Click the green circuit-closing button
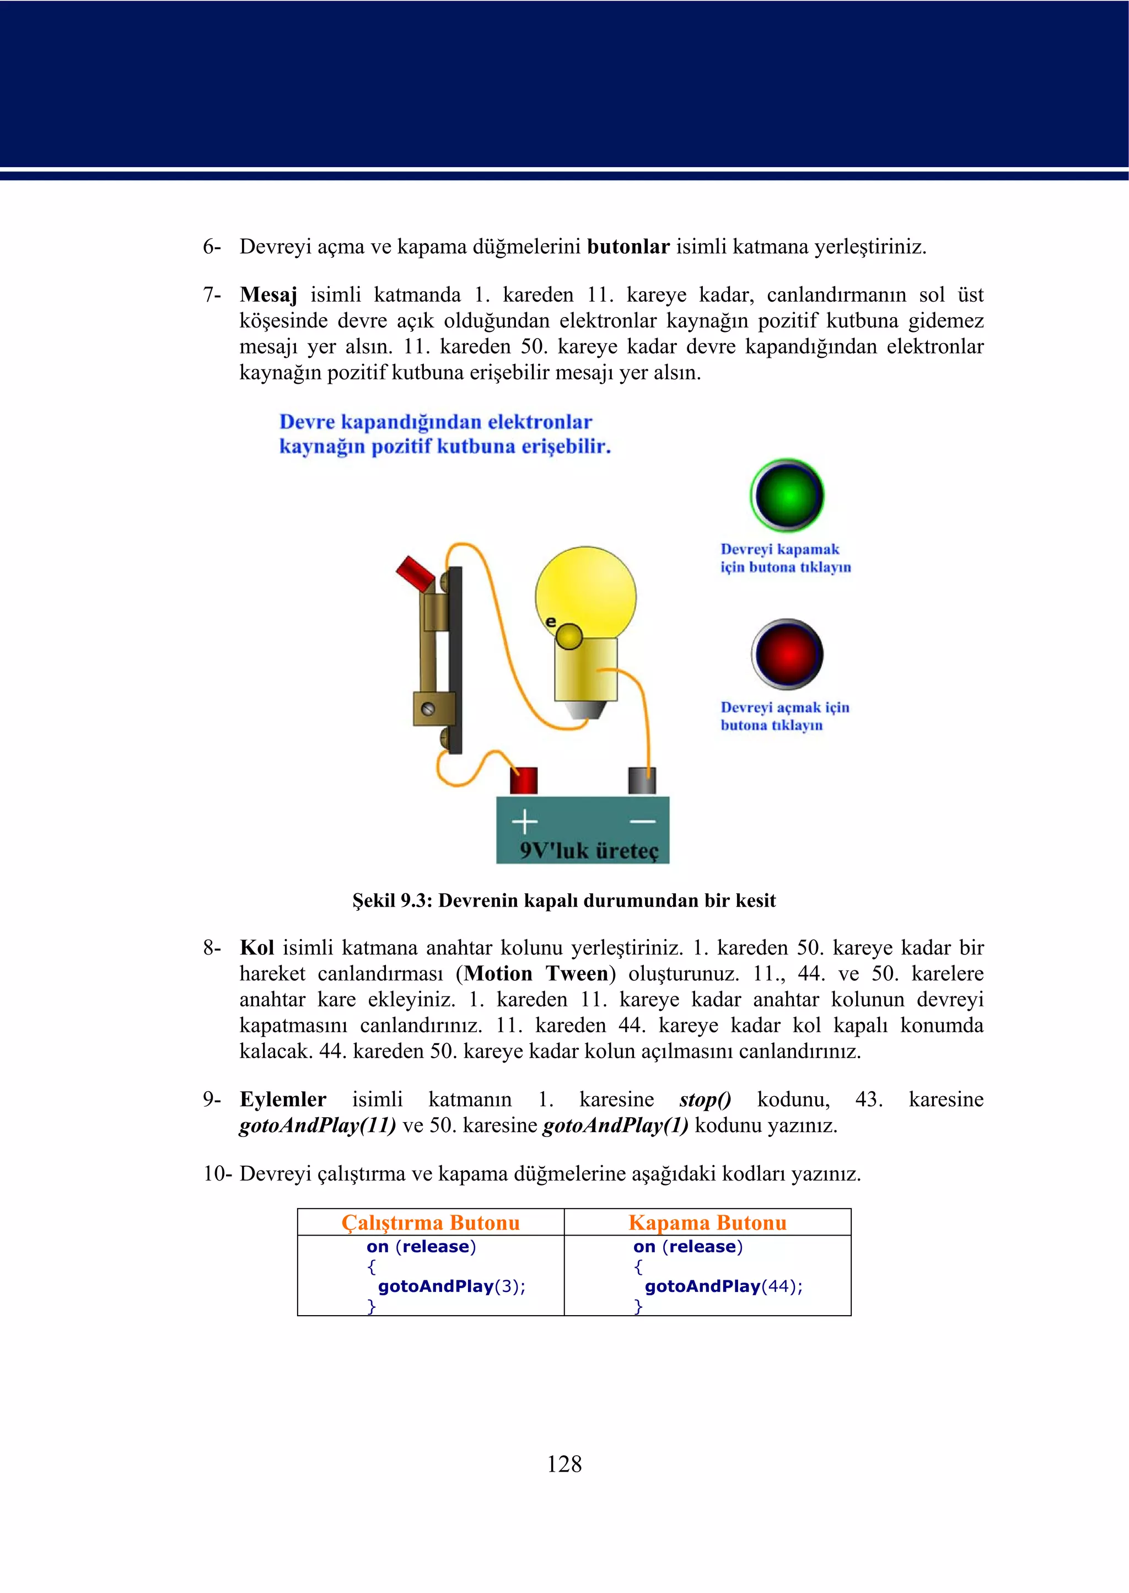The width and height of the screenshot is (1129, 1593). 787,495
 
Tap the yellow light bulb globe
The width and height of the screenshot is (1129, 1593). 585,592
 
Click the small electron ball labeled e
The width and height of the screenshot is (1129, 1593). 569,636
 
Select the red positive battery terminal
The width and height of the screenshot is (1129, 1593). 524,780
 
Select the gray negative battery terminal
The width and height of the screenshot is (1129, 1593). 642,781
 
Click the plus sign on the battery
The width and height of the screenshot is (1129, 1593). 524,822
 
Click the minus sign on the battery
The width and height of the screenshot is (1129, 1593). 642,822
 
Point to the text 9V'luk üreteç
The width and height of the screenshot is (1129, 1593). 588,850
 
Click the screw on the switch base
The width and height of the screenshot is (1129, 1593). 428,709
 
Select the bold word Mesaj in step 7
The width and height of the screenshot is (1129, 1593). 268,295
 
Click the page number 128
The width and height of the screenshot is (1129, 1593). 564,1463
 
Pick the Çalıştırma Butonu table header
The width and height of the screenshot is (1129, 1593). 431,1222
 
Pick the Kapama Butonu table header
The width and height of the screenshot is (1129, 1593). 707,1222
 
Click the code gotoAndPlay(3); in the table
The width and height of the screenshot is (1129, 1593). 451,1286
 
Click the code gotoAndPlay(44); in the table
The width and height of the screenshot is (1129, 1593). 723,1286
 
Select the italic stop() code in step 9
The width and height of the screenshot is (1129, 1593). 705,1099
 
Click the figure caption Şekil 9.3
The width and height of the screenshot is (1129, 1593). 564,900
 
